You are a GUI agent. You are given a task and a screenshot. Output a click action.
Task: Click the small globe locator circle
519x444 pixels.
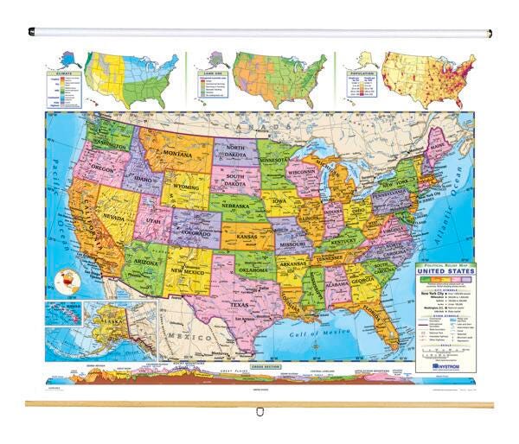click(x=64, y=281)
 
